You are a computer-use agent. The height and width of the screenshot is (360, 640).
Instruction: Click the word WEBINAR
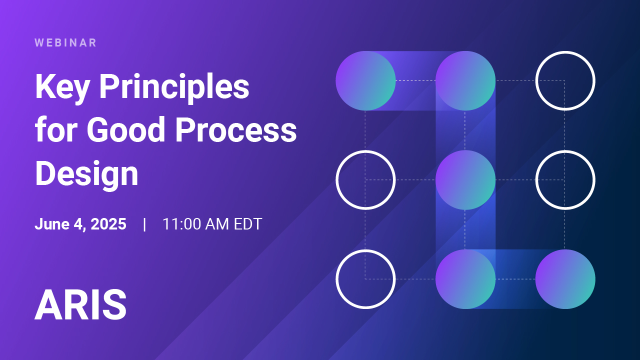[x=65, y=43]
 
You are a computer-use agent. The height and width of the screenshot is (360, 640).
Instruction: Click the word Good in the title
[x=126, y=129]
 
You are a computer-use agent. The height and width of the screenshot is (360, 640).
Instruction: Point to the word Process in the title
[x=236, y=129]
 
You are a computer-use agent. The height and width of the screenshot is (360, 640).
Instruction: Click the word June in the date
[x=52, y=223]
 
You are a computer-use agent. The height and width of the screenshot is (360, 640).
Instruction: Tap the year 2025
[x=108, y=223]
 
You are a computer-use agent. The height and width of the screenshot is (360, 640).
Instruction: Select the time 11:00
[x=181, y=223]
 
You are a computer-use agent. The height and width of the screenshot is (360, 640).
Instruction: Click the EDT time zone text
[x=247, y=223]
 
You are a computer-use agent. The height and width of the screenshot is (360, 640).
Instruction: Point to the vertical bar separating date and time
[x=144, y=224]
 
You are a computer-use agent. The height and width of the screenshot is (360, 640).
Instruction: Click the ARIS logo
[x=80, y=304]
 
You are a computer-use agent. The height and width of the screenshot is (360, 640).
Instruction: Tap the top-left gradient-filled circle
[x=365, y=81]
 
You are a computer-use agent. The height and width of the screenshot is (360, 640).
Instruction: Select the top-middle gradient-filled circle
[x=465, y=81]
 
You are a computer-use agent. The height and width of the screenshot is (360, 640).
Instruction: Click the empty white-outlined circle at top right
[x=565, y=52]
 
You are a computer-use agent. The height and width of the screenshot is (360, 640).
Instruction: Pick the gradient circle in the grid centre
[x=465, y=180]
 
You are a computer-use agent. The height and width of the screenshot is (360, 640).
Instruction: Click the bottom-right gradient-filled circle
[x=565, y=279]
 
